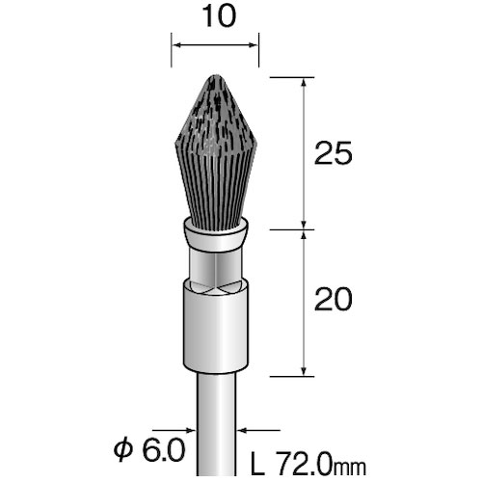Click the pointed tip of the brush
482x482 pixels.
(215, 76)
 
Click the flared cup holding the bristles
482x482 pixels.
(215, 232)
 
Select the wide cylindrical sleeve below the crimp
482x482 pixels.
(215, 328)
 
